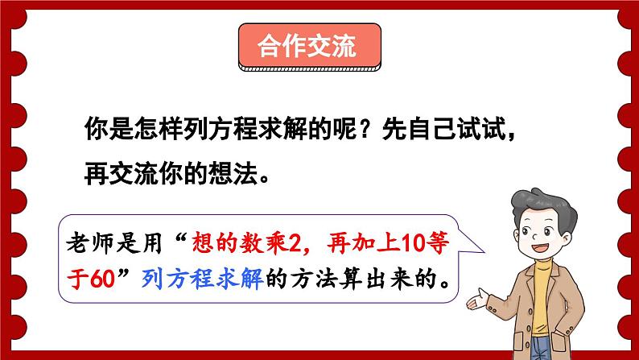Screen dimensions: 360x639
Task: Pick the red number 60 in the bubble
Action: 109,279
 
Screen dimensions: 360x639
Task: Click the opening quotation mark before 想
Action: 182,236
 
